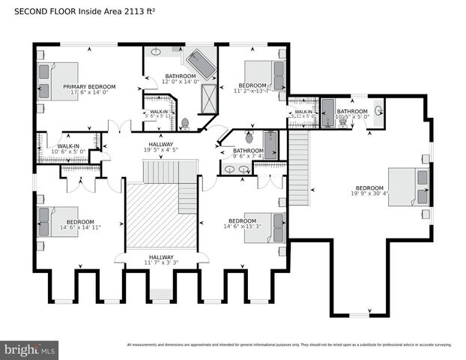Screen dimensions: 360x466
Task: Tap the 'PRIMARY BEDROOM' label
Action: [89, 87]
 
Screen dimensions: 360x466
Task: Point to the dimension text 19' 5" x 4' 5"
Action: [160, 150]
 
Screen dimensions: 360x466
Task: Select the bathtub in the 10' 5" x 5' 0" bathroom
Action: [327, 112]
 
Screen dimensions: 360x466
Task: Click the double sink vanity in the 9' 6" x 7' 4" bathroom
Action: [237, 169]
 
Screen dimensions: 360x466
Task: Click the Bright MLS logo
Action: [30, 349]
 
